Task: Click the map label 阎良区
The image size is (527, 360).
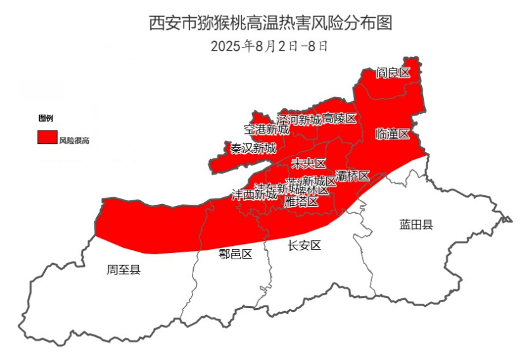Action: (x=393, y=73)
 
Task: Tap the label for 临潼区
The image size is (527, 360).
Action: (x=392, y=134)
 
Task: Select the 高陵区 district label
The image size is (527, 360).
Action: (x=340, y=119)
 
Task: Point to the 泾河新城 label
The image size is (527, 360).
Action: (x=299, y=119)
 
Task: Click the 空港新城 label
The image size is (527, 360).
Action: (x=266, y=129)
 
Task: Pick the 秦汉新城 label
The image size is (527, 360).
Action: (x=253, y=148)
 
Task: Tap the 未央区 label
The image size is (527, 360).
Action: (x=308, y=164)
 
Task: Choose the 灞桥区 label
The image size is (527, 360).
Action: (x=352, y=176)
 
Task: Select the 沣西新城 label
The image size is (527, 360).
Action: (x=253, y=194)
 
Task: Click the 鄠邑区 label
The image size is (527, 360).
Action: (x=236, y=255)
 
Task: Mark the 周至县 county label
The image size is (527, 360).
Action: (x=124, y=270)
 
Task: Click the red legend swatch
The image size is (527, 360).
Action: (x=47, y=138)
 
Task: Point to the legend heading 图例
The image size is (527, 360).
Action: (x=46, y=119)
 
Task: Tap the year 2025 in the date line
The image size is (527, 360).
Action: (x=225, y=46)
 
